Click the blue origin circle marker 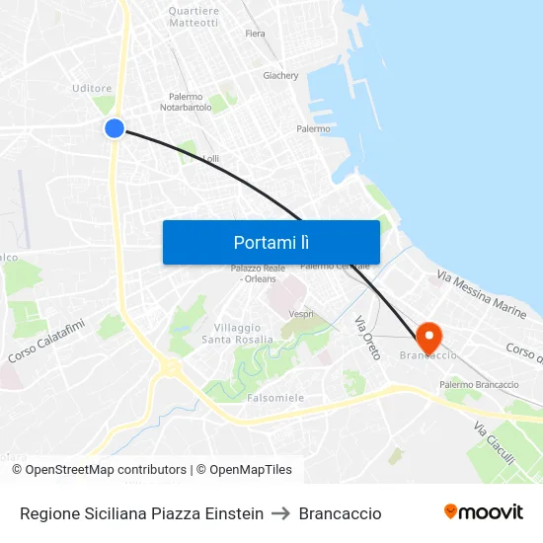pyautogui.click(x=115, y=127)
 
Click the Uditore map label pyautogui.click(x=92, y=88)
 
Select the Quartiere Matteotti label pyautogui.click(x=194, y=17)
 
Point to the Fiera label pyautogui.click(x=255, y=34)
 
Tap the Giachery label pyautogui.click(x=280, y=75)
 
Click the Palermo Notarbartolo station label pyautogui.click(x=187, y=102)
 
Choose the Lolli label pyautogui.click(x=210, y=158)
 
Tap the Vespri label pyautogui.click(x=301, y=314)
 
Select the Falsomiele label pyautogui.click(x=276, y=397)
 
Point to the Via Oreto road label pyautogui.click(x=366, y=338)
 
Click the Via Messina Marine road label pyautogui.click(x=482, y=293)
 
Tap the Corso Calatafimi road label pyautogui.click(x=46, y=340)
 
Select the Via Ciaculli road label pyautogui.click(x=494, y=444)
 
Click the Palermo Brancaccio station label pyautogui.click(x=479, y=384)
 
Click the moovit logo pyautogui.click(x=483, y=512)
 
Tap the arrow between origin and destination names pyautogui.click(x=280, y=513)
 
